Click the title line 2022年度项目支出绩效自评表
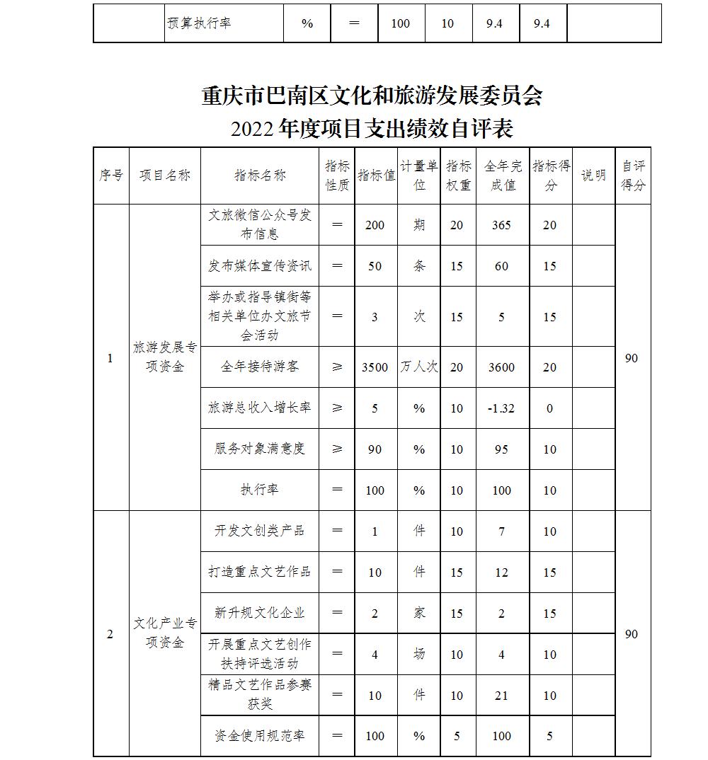372,129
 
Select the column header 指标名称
260,175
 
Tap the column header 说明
593,175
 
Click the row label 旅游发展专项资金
165,357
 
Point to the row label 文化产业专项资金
165,633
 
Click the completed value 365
501,225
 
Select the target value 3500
375,367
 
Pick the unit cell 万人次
419,367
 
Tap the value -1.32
501,408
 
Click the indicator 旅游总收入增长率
260,408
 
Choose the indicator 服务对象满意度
260,449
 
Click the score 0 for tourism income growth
550,408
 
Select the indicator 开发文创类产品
260,531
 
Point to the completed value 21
501,696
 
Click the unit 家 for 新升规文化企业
419,614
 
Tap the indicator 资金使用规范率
260,736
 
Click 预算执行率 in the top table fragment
199,23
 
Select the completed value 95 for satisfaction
501,449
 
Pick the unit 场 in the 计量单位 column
419,655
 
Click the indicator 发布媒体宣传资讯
260,266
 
